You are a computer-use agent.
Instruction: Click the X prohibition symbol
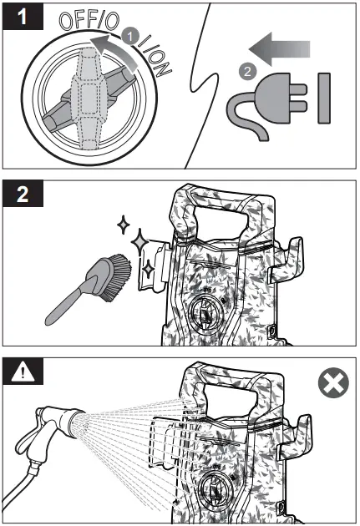click(x=332, y=385)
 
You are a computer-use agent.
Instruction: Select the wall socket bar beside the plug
click(x=324, y=98)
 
